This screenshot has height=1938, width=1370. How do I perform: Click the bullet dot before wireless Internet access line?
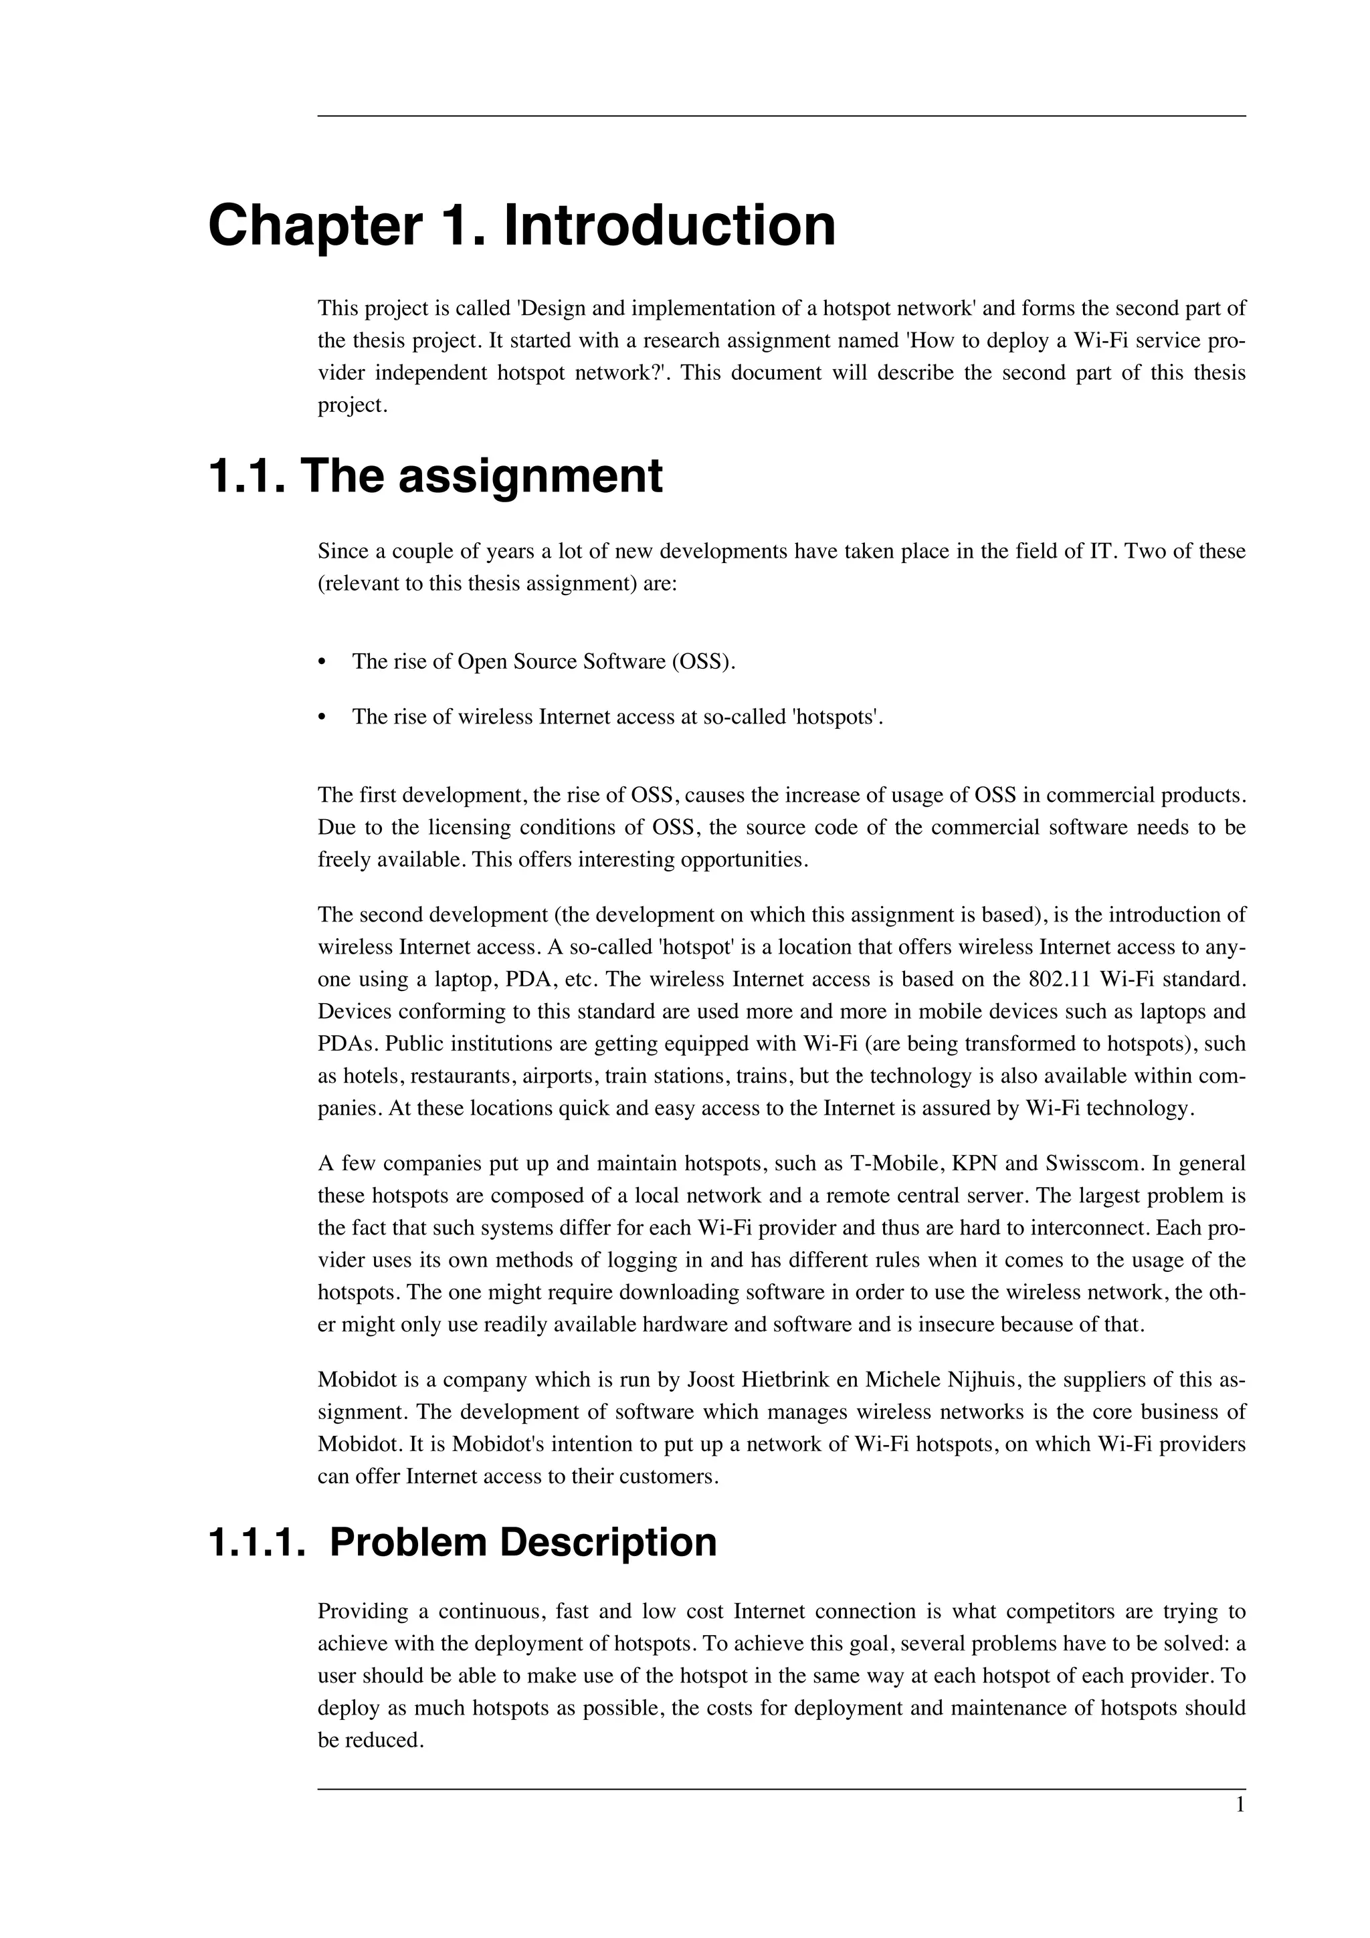point(322,718)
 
